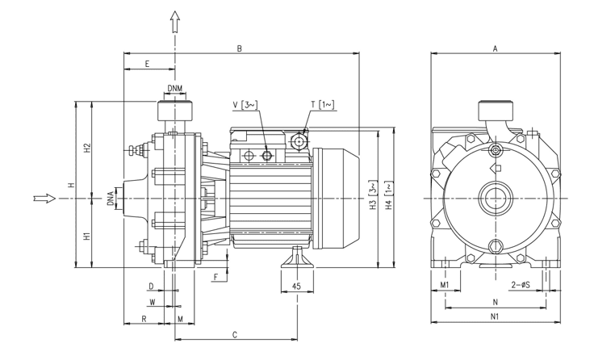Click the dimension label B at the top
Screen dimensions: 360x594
tap(240, 49)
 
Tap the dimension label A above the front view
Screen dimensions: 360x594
tap(495, 49)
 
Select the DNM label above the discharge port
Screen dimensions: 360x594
tap(175, 88)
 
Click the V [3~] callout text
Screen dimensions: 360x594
tap(245, 105)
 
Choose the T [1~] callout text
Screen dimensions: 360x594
tap(323, 105)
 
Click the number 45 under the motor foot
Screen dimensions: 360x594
tap(296, 287)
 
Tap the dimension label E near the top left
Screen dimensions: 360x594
tap(147, 64)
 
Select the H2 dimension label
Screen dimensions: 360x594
tap(87, 149)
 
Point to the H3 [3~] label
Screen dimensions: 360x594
tap(373, 198)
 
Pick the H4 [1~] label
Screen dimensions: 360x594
tap(388, 198)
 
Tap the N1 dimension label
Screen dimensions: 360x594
tap(495, 317)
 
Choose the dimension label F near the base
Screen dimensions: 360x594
tap(215, 278)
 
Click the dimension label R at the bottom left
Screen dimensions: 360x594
tap(143, 319)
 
